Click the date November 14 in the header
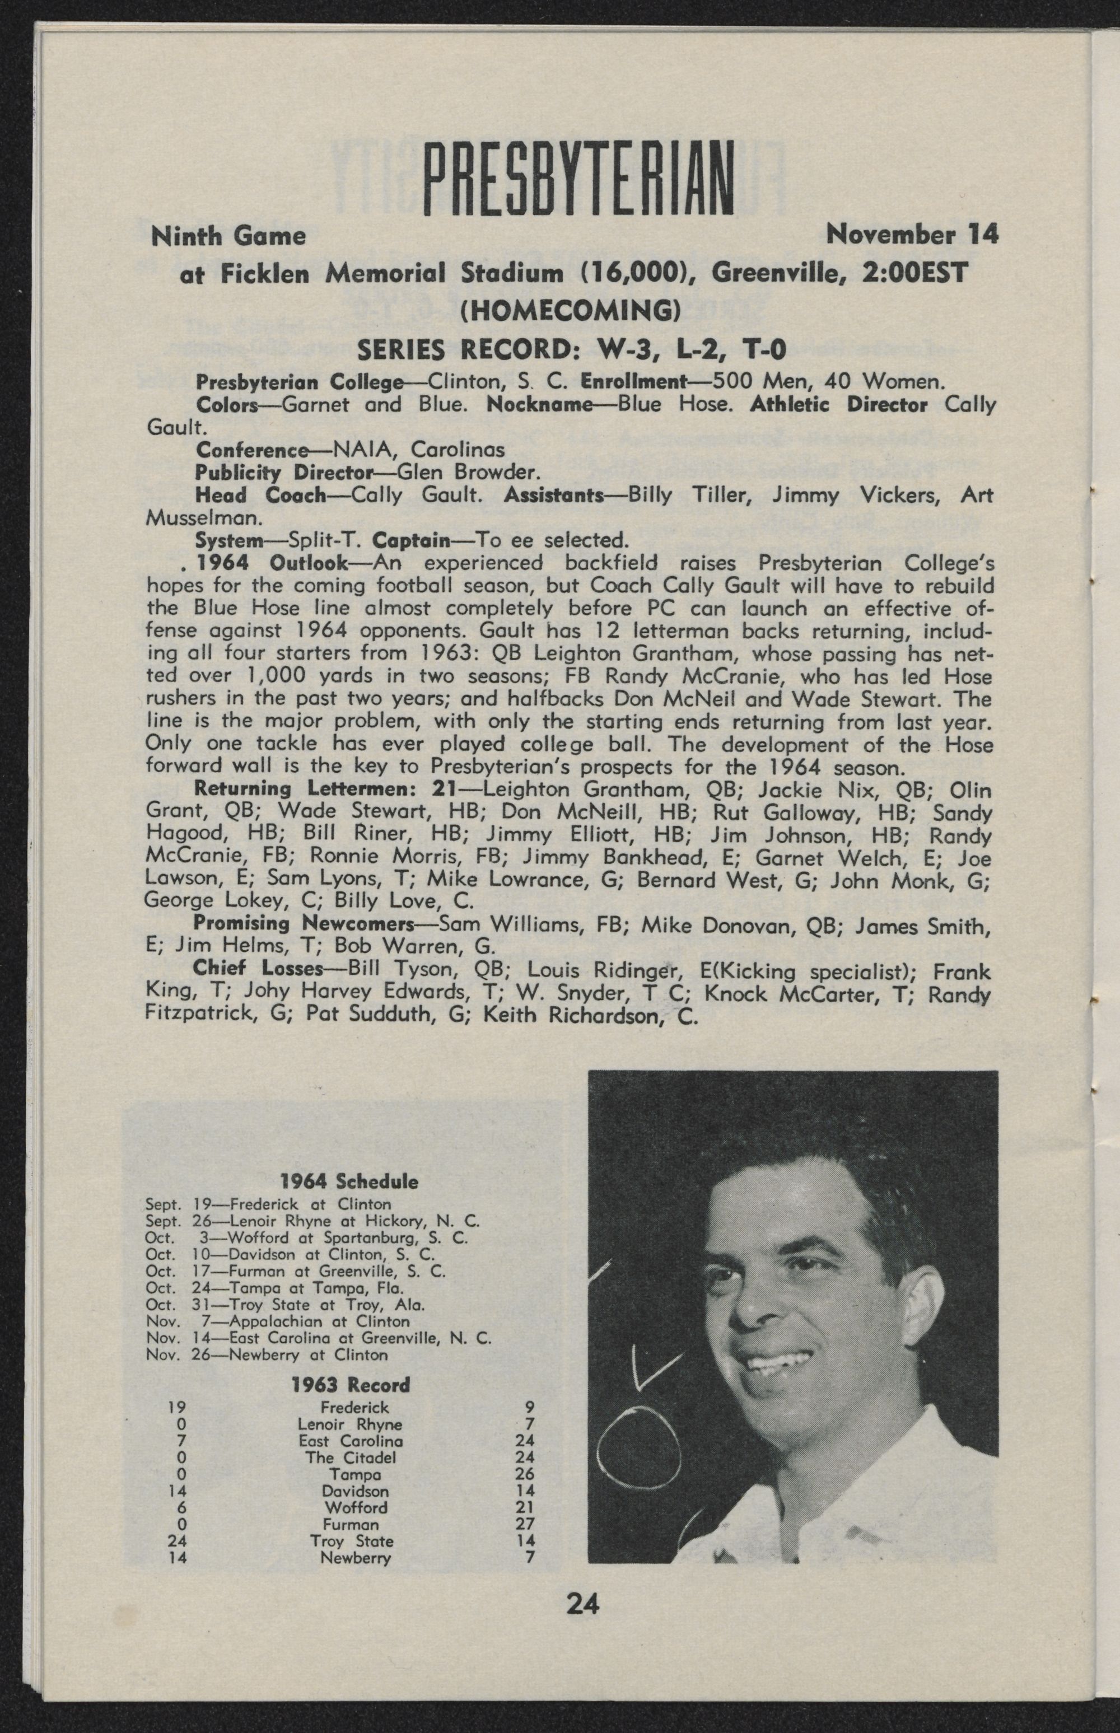coord(912,235)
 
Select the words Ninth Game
coord(227,236)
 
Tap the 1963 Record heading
coord(350,1385)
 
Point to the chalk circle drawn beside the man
coord(638,1444)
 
